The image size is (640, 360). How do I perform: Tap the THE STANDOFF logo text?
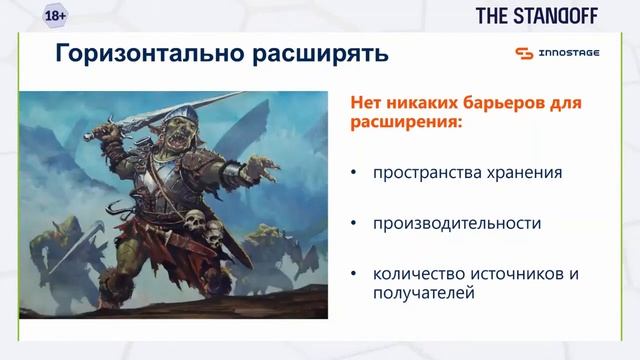[x=540, y=16]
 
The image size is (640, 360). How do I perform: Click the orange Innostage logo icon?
[x=524, y=53]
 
